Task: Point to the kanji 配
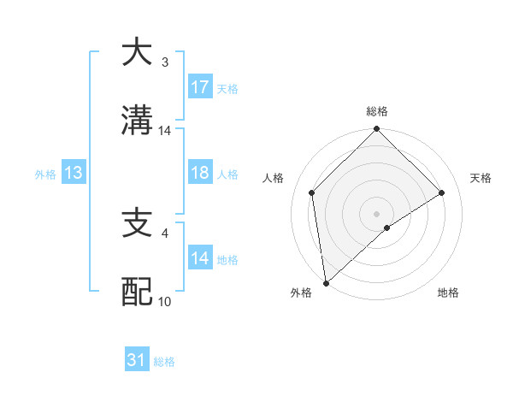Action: click(137, 292)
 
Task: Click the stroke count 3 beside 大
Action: click(165, 62)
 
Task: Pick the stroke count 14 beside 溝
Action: click(165, 131)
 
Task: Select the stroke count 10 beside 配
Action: click(165, 302)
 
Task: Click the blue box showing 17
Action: click(200, 87)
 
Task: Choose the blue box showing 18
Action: click(200, 173)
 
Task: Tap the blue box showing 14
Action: click(200, 258)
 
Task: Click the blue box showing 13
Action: click(74, 173)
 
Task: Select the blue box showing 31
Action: click(137, 361)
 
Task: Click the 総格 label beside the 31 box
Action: click(164, 362)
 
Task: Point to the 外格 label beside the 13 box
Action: click(45, 174)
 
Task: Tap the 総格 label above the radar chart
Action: click(376, 111)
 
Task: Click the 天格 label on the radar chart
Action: click(481, 178)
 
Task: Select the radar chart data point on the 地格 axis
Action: click(387, 228)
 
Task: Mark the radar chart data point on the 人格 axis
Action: click(312, 192)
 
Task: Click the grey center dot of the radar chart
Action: click(376, 213)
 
